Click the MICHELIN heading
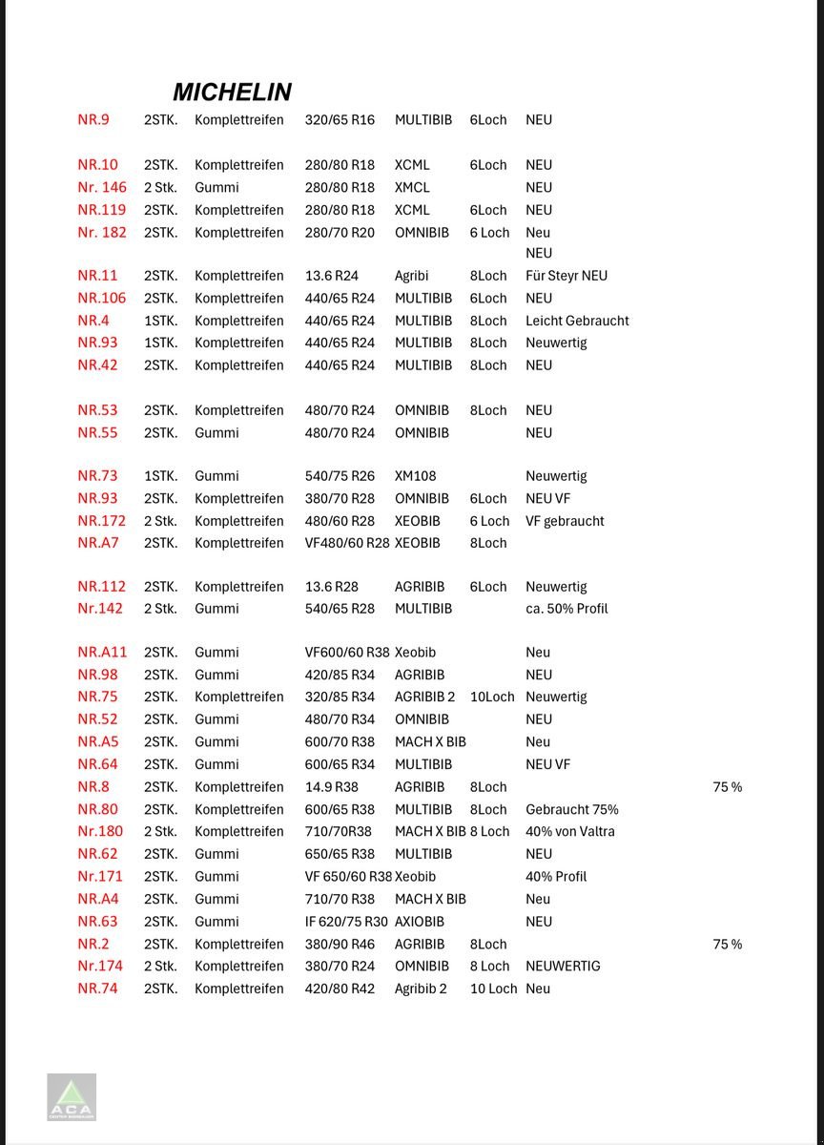click(x=232, y=93)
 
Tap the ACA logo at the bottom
click(x=72, y=1097)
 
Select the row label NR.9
click(x=93, y=120)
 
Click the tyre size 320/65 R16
click(x=340, y=120)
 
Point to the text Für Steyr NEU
click(x=566, y=276)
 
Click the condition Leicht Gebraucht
click(x=577, y=321)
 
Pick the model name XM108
click(x=415, y=476)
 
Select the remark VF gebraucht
click(x=565, y=521)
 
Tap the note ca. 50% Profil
click(x=566, y=609)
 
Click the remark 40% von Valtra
click(x=570, y=832)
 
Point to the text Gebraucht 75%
click(x=572, y=810)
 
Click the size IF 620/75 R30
click(x=346, y=922)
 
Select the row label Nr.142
click(x=100, y=609)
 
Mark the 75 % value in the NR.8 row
click(x=727, y=787)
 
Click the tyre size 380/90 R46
click(x=340, y=945)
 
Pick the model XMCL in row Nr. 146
click(x=412, y=188)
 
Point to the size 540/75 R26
click(x=340, y=476)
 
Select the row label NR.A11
click(x=102, y=653)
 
